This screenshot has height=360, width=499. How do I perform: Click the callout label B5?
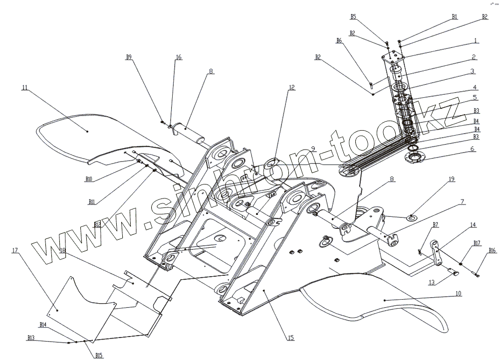(x=353, y=16)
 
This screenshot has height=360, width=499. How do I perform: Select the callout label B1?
(x=455, y=16)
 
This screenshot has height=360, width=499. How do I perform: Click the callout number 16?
(x=178, y=57)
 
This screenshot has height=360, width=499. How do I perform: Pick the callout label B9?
(x=129, y=57)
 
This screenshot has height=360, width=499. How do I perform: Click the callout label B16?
(x=492, y=250)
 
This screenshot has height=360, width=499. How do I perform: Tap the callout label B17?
(x=477, y=243)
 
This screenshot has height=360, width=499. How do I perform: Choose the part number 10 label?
(x=458, y=294)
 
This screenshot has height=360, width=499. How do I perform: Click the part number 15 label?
(x=290, y=338)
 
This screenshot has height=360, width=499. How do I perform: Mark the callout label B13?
(x=31, y=338)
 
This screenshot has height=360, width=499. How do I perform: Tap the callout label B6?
(x=339, y=40)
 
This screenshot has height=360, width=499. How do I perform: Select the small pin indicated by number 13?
(x=455, y=272)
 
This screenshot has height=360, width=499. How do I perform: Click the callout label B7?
(x=436, y=225)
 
